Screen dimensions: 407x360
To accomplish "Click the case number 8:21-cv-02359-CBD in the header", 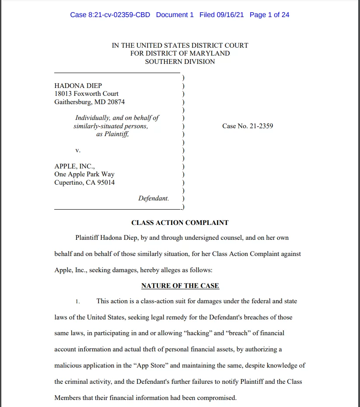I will pos(110,15).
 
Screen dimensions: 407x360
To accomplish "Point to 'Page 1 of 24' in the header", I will pos(269,15).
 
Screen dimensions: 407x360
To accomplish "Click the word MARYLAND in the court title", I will pos(209,53).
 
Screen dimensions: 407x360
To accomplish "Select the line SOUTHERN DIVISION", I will pos(180,62).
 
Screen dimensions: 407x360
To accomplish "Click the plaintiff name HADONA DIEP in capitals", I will pos(78,86).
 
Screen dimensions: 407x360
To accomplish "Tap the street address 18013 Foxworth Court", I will pos(86,94).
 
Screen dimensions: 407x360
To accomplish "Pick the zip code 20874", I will pos(116,102).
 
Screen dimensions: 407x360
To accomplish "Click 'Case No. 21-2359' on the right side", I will pos(248,126).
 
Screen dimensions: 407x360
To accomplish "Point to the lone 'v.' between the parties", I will pos(78,150).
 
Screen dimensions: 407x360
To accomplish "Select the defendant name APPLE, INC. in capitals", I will pos(74,166).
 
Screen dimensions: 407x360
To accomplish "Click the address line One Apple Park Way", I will pos(84,174).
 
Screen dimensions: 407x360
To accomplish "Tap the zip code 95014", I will pos(106,182).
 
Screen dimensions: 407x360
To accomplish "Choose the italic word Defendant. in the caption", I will pos(154,198).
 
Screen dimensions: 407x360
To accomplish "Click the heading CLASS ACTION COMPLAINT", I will pos(180,223).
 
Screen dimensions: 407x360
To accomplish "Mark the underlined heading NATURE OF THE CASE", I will pos(180,286).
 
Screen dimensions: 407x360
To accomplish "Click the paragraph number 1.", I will pos(77,302).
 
